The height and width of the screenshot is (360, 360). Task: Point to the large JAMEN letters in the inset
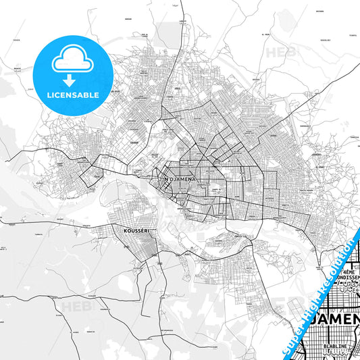pyautogui.click(x=334, y=318)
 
